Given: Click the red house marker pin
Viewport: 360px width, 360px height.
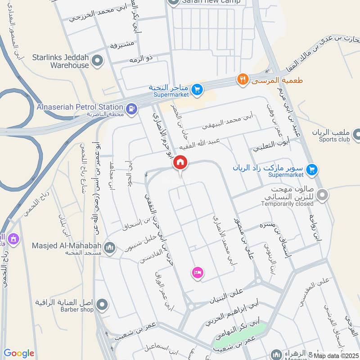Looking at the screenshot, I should tap(180, 162).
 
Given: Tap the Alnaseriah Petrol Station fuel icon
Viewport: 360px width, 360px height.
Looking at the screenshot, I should tap(131, 108).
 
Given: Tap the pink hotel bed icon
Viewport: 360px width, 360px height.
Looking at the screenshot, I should tap(197, 272).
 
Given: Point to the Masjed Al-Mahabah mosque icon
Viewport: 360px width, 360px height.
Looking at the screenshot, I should tap(110, 247).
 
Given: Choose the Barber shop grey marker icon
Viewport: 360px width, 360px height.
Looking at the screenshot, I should tap(102, 306).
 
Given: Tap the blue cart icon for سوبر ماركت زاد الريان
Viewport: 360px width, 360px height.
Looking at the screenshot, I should tap(311, 170).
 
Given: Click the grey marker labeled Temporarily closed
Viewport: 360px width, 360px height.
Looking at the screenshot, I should tap(322, 195).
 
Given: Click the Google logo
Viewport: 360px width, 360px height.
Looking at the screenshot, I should tap(18, 353).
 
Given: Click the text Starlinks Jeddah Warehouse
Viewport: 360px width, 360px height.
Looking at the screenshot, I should tap(61, 61).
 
